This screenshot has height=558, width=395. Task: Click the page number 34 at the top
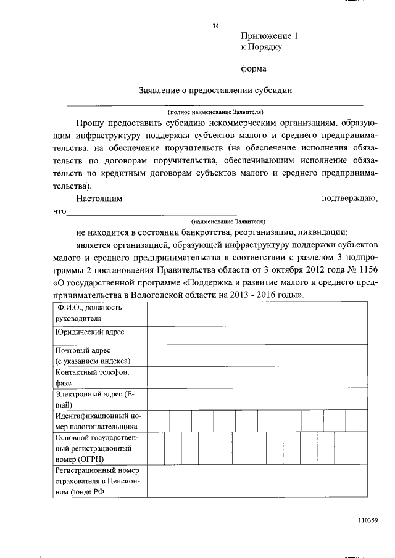point(215,25)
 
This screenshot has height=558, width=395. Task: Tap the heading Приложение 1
point(269,36)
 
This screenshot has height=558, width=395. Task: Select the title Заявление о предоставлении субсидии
point(215,90)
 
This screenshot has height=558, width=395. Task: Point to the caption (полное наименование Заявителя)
point(215,113)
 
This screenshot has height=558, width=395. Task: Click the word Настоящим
point(100,199)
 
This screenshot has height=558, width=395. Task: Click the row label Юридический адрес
point(89,332)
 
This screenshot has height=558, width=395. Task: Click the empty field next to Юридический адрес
point(258,335)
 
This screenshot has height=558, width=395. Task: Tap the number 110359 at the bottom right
point(367,520)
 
